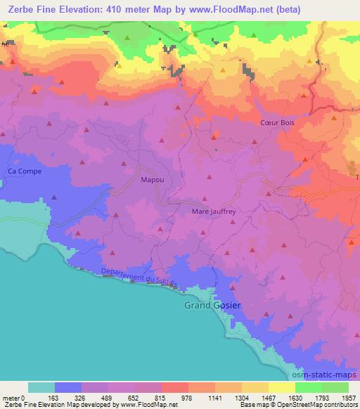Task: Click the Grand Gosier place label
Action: coord(212,306)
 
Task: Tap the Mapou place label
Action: coord(153,180)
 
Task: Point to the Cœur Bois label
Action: coord(278,122)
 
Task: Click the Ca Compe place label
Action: coord(25,171)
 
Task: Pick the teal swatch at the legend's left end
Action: coord(41,387)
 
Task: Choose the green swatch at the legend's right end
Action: coord(335,387)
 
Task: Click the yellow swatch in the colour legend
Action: coord(281,387)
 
